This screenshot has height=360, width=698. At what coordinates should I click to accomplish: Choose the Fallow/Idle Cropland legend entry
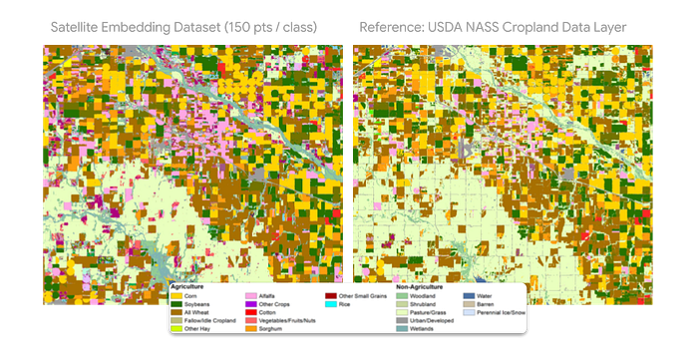(208, 320)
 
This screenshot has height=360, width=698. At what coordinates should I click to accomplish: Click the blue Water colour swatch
(469, 296)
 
